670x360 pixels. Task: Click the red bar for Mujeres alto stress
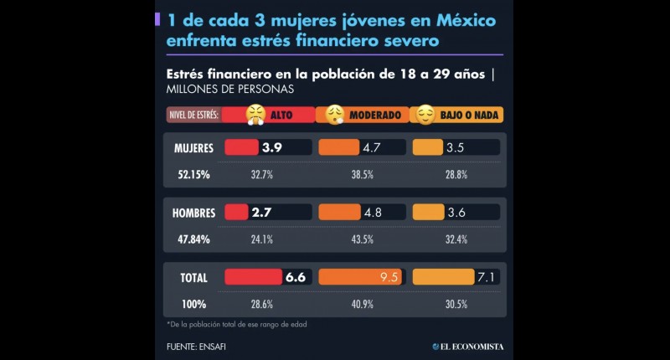coord(242,147)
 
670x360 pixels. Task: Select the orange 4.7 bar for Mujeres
coord(339,147)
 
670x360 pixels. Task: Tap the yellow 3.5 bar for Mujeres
coord(429,147)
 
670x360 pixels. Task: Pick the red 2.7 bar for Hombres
coord(237,213)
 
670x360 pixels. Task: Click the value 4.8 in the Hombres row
coord(373,213)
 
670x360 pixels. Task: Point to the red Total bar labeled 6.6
coord(252,277)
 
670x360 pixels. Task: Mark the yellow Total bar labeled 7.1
coord(443,277)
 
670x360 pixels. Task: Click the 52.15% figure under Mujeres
coord(193,174)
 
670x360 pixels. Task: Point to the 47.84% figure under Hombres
coord(193,239)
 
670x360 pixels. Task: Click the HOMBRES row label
coord(193,213)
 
